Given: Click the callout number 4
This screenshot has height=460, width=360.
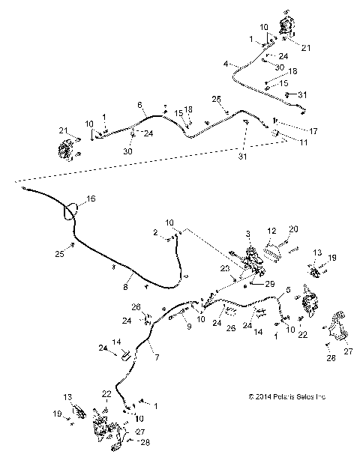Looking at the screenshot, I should [225, 64].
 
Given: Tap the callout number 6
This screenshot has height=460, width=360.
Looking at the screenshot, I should [139, 104].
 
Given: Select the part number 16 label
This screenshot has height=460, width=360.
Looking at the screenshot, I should [92, 199].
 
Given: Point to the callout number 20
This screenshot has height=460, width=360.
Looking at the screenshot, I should [294, 229].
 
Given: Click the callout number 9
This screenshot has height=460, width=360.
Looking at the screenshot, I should [168, 326].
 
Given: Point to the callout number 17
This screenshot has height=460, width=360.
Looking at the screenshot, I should [313, 131].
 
